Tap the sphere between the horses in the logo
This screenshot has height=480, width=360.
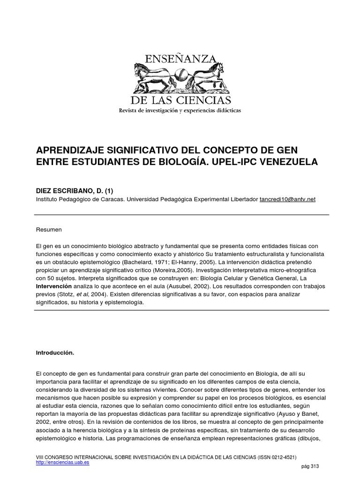180,76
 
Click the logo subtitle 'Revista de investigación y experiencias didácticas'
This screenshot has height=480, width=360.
180,111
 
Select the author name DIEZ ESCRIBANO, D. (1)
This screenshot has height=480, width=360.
75,190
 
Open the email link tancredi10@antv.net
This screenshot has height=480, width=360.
287,199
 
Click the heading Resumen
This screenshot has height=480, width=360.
49,230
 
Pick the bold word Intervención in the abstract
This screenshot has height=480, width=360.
54,285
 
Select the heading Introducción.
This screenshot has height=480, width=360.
55,352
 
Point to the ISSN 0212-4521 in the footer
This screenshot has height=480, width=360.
279,457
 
